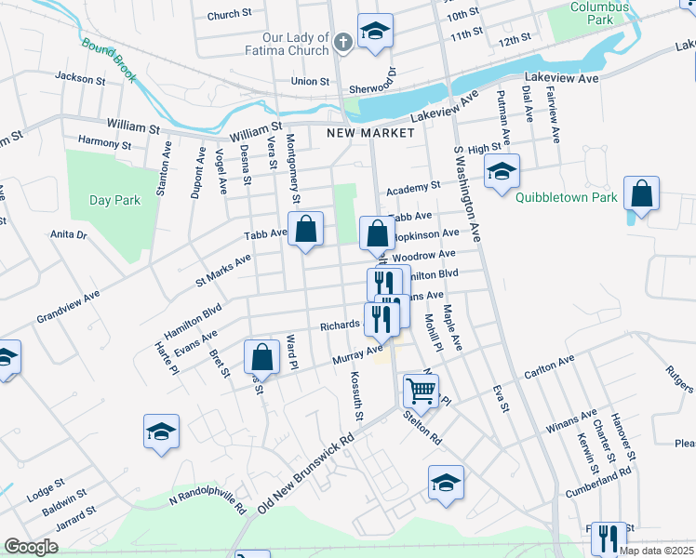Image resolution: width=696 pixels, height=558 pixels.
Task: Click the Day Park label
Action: (x=114, y=200)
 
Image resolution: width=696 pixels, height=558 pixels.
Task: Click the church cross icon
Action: (x=342, y=42)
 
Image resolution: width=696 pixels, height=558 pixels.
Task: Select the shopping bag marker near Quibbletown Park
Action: (x=641, y=194)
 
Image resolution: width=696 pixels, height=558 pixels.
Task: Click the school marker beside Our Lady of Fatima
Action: (x=376, y=32)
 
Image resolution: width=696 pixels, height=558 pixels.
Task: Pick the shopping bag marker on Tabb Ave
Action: (x=305, y=229)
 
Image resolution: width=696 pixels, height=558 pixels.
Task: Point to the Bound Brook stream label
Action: (x=109, y=58)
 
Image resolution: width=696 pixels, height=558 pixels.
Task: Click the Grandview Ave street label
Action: (x=67, y=310)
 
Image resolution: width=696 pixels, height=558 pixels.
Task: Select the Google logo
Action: (x=31, y=547)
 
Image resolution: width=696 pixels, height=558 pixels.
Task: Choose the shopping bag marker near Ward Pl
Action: (x=262, y=357)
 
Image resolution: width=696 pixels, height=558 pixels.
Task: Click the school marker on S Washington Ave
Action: (x=502, y=171)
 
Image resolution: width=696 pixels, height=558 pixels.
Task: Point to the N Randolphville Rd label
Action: (x=207, y=504)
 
